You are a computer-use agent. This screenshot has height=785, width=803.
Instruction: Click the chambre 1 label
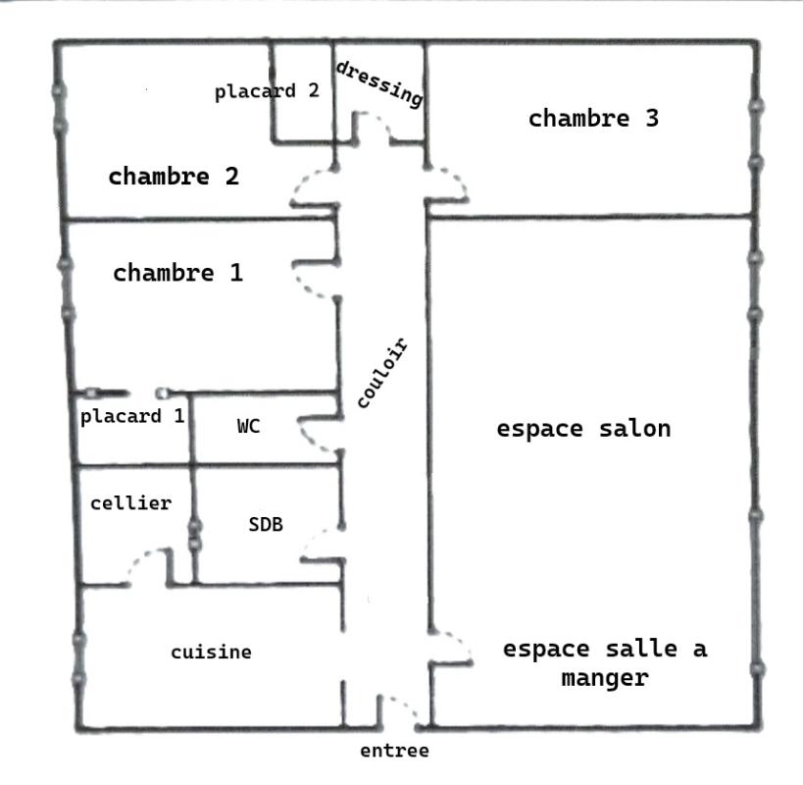point(177,273)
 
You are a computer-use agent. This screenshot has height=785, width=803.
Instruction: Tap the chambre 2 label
point(174,177)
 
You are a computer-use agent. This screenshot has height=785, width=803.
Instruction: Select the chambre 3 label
point(593,119)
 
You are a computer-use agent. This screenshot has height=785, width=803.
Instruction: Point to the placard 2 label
point(267,91)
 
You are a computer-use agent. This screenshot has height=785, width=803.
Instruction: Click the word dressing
point(379,84)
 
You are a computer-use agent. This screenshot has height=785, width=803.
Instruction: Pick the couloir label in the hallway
point(382,373)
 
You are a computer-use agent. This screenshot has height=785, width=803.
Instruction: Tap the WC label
point(248,426)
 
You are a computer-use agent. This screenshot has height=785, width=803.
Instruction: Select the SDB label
point(266,524)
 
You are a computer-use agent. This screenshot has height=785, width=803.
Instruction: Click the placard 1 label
point(132,416)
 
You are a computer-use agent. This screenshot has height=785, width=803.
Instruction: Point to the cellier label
point(131,503)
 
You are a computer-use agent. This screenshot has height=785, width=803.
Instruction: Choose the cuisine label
point(211,653)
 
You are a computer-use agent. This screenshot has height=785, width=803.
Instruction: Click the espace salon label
point(583,429)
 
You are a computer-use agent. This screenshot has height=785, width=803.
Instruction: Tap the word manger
point(605,678)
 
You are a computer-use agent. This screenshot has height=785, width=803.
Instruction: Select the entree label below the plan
point(394,751)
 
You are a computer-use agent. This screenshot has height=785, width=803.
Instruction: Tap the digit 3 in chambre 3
point(652,118)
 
